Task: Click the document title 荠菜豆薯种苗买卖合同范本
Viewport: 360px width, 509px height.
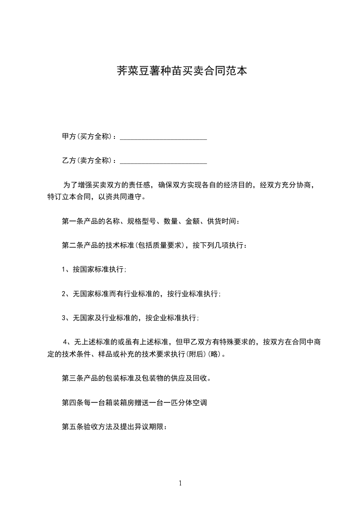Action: coord(180,71)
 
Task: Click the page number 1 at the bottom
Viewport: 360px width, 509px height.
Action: coord(180,483)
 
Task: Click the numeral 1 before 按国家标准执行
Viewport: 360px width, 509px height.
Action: coord(64,269)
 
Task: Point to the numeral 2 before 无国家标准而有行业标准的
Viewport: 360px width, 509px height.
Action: coord(64,294)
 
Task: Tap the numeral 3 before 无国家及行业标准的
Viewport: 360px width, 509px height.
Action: coord(64,318)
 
